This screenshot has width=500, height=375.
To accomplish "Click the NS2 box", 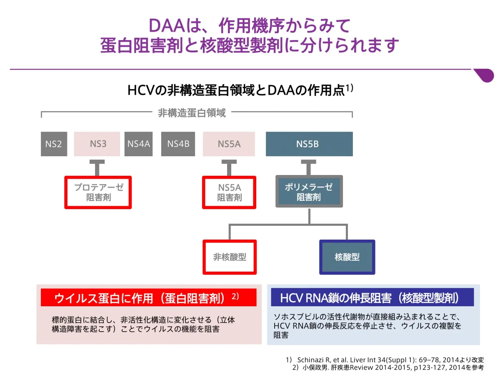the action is [54, 144].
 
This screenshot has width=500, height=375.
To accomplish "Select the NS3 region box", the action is [97, 144].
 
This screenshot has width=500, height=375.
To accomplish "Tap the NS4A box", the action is [138, 144].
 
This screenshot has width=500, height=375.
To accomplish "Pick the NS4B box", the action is [178, 144].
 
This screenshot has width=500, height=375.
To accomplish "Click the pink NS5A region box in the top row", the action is [229, 144].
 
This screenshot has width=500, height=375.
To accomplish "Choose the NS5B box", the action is [309, 144].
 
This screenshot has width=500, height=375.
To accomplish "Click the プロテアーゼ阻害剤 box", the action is [98, 192].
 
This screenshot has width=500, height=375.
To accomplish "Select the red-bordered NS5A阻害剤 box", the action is [229, 192].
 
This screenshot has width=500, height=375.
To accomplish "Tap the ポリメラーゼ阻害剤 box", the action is [309, 191].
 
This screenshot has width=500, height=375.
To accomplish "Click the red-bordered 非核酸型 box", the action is [230, 257].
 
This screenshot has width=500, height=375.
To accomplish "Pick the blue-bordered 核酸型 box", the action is [347, 257].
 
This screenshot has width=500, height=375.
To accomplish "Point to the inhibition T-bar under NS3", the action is [97, 167].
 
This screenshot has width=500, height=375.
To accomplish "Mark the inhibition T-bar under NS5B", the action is [308, 167].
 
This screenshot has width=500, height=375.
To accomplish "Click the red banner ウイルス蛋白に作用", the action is [148, 297].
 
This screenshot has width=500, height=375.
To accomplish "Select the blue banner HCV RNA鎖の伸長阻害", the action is [372, 297].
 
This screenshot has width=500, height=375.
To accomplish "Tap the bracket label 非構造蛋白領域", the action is [192, 112].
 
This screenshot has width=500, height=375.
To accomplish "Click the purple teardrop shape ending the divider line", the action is [484, 75].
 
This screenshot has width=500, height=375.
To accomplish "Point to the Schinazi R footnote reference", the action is [385, 360].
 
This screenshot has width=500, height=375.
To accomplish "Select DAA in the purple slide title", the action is [167, 26].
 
